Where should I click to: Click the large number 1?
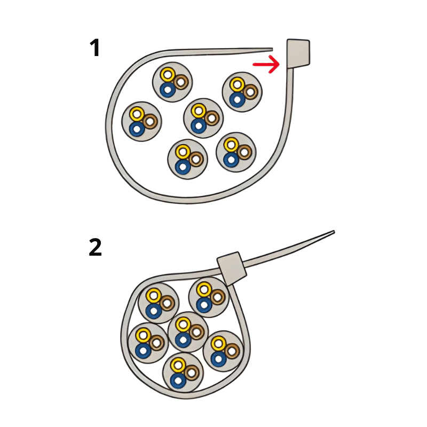click(x=95, y=48)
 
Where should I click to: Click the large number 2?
click(x=96, y=247)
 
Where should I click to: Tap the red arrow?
click(x=266, y=64)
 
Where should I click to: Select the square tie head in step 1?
click(x=298, y=53)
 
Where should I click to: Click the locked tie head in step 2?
click(x=232, y=268)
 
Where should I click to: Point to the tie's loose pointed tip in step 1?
click(x=272, y=49)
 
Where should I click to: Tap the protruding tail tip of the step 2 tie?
click(x=334, y=232)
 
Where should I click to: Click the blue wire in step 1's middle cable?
click(x=199, y=126)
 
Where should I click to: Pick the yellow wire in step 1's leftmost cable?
click(x=137, y=114)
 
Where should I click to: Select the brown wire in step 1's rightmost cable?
click(x=250, y=91)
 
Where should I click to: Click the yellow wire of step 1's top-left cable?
click(x=168, y=74)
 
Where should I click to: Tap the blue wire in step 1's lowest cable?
click(x=183, y=167)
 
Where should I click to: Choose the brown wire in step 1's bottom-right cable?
click(x=244, y=152)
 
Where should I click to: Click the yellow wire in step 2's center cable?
click(x=183, y=325)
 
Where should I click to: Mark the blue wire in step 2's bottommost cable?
click(x=178, y=381)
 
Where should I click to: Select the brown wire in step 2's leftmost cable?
click(x=156, y=343)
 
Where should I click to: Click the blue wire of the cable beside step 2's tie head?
click(x=204, y=305)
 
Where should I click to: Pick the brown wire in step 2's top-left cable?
click(x=167, y=303)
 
